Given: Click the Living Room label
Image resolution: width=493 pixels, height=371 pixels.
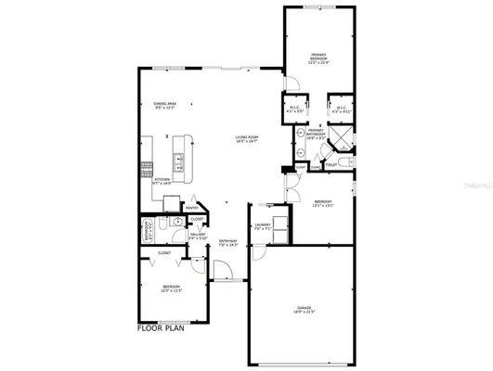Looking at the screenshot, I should coord(246,141).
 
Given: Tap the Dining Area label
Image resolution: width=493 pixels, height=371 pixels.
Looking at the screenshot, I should coord(165,105).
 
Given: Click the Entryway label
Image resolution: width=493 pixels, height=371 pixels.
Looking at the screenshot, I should coord(228,242).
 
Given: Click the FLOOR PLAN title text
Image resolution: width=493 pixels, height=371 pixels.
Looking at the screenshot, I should coord(163,327).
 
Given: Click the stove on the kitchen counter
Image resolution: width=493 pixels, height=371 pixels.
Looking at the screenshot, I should coord(146,169).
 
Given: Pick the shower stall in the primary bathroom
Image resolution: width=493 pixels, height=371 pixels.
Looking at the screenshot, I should coord(342,142).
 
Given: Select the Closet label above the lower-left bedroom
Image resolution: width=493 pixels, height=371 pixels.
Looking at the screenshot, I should coord(164,252).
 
